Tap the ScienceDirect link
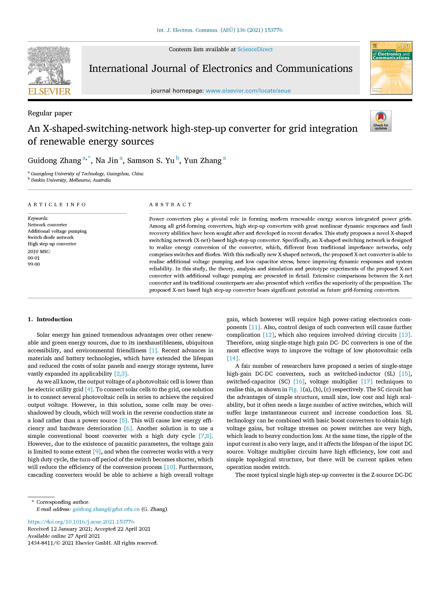pyautogui.click(x=255, y=49)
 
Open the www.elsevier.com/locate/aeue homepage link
pyautogui.click(x=248, y=91)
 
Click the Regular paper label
pyautogui.click(x=50, y=113)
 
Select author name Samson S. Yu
pyautogui.click(x=151, y=161)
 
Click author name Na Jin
pyautogui.click(x=107, y=161)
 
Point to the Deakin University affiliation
pyautogui.click(x=71, y=180)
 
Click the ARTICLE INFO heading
pyautogui.click(x=57, y=204)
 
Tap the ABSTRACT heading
pyautogui.click(x=170, y=204)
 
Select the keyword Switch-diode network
pyautogui.click(x=51, y=237)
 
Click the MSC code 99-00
pyautogui.click(x=34, y=264)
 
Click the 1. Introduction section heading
pyautogui.click(x=50, y=319)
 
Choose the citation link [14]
pyautogui.click(x=232, y=358)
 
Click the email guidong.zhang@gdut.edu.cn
pyautogui.click(x=106, y=509)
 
